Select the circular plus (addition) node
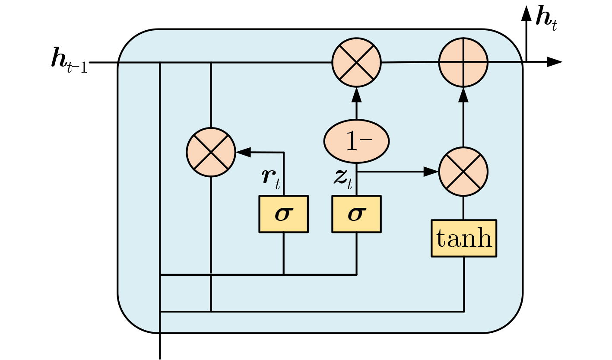point(463,62)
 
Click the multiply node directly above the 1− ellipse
point(356,62)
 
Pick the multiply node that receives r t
point(211,152)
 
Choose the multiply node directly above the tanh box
point(463,172)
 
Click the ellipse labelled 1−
point(356,141)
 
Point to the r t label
point(271,178)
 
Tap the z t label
point(343,178)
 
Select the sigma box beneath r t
point(283,214)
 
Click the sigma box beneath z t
point(356,214)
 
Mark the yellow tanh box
point(464,238)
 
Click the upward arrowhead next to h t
point(526,13)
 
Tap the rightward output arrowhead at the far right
point(555,62)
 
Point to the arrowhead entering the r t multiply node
point(243,152)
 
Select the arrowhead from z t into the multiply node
point(431,172)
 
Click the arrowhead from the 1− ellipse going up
point(356,94)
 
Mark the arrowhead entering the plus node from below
point(463,94)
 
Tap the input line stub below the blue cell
point(160,346)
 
